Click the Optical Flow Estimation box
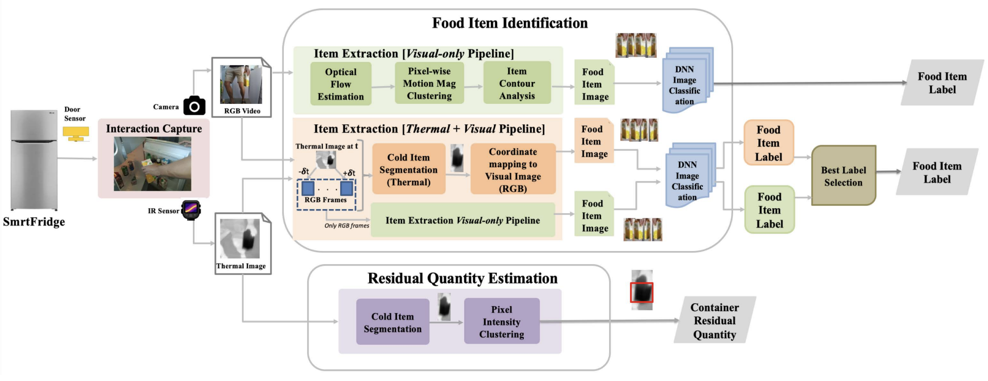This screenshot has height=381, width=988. tap(341, 84)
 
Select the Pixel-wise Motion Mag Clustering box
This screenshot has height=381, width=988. tap(429, 83)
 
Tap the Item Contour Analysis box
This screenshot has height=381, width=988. tap(517, 83)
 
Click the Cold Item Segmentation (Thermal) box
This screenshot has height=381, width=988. tap(408, 170)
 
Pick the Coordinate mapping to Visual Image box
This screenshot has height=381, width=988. tap(513, 170)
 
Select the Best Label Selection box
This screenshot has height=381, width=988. tap(843, 176)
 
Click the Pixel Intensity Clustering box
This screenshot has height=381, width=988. tap(501, 321)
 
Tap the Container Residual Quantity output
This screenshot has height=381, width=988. tap(714, 320)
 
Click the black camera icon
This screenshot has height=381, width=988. tap(194, 106)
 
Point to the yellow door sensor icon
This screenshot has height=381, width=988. tap(76, 134)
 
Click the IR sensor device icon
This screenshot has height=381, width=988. tap(191, 210)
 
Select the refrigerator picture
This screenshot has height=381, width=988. tap(34, 160)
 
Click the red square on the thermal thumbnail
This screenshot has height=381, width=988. tap(642, 293)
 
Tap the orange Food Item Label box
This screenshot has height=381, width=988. tap(768, 143)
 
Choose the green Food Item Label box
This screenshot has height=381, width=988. tap(769, 210)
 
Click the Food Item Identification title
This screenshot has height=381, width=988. tap(509, 23)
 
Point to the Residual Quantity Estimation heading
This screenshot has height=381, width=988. tap(462, 278)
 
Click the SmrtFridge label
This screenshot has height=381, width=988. tap(34, 222)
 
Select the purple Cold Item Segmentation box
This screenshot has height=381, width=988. tap(392, 322)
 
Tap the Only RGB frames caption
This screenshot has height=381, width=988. tap(347, 225)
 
